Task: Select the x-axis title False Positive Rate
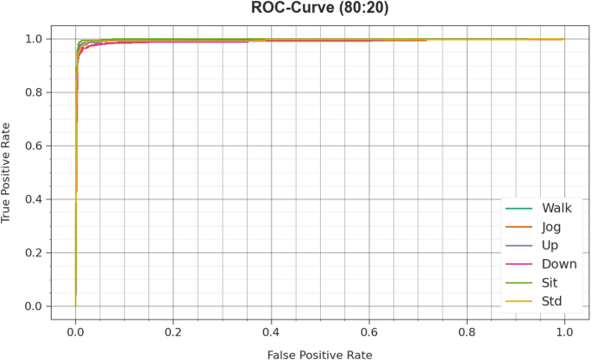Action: pos(320,352)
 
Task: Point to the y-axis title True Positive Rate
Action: pos(9,173)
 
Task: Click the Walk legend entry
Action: pos(556,208)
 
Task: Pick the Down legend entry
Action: pos(559,264)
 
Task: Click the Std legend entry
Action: pos(552,302)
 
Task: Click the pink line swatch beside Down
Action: pos(520,264)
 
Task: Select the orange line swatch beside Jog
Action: pos(520,227)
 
